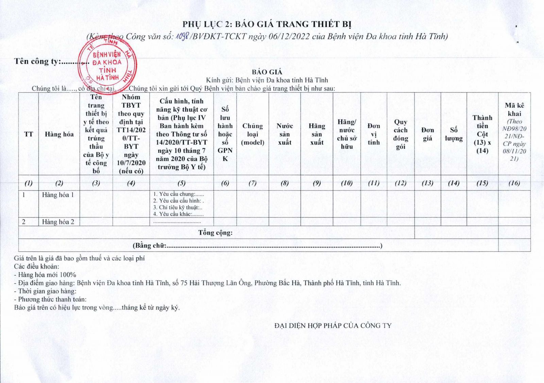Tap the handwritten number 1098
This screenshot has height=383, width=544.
tap(182, 36)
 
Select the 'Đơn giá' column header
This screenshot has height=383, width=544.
tap(427, 134)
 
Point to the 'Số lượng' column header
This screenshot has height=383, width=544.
tap(454, 134)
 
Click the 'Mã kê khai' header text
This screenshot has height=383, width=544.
tap(514, 110)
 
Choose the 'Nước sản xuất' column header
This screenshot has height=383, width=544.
tap(285, 134)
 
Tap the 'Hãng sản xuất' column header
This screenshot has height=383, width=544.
tap(317, 134)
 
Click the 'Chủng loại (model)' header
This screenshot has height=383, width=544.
tap(252, 134)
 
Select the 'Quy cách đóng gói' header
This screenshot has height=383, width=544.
tap(401, 134)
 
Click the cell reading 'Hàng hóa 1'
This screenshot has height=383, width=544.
tap(58, 195)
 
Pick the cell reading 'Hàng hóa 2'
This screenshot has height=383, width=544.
tap(58, 222)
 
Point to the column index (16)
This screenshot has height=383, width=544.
tap(514, 183)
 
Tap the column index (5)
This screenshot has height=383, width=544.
tap(182, 183)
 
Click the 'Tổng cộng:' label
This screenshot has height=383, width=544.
tap(216, 233)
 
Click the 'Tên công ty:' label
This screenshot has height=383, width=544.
tap(37, 62)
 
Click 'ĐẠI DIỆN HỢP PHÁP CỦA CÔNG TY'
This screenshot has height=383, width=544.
tap(333, 326)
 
